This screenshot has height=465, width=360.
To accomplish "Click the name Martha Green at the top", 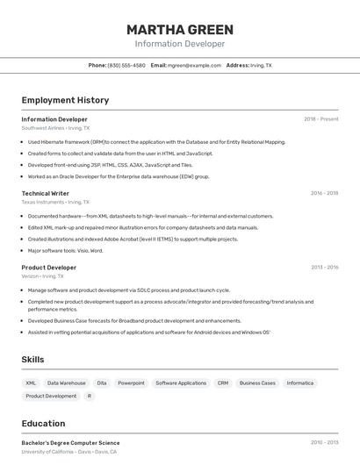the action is pyautogui.click(x=179, y=29).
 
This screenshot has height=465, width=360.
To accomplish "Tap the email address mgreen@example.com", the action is pyautogui.click(x=194, y=65).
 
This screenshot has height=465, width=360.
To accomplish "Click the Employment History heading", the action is pyautogui.click(x=65, y=100).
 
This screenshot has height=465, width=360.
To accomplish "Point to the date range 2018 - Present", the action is pyautogui.click(x=320, y=118).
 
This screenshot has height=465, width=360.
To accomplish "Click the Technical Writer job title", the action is pyautogui.click(x=46, y=193).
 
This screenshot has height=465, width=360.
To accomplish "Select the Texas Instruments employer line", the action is pyautogui.click(x=55, y=202).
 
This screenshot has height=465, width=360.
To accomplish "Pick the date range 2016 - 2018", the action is pyautogui.click(x=324, y=193).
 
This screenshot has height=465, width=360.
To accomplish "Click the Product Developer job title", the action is pyautogui.click(x=49, y=267).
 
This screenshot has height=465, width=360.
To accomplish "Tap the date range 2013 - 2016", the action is pyautogui.click(x=324, y=267).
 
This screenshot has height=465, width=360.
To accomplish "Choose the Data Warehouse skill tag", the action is pyautogui.click(x=67, y=383).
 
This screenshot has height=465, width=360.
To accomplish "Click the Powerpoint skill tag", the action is pyautogui.click(x=131, y=383).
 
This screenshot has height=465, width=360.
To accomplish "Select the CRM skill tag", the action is pyautogui.click(x=223, y=383).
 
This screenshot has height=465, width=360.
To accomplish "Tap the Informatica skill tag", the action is pyautogui.click(x=300, y=383).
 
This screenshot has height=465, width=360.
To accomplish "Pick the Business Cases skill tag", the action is pyautogui.click(x=257, y=383).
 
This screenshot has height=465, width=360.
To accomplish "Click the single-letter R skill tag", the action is pyautogui.click(x=89, y=396).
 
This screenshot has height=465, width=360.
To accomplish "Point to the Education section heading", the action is pyautogui.click(x=44, y=423).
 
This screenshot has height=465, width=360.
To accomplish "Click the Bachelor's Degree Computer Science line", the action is pyautogui.click(x=70, y=443).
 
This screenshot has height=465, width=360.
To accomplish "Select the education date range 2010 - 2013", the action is pyautogui.click(x=324, y=443).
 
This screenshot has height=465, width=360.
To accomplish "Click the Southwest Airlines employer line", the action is pyautogui.click(x=55, y=128).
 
